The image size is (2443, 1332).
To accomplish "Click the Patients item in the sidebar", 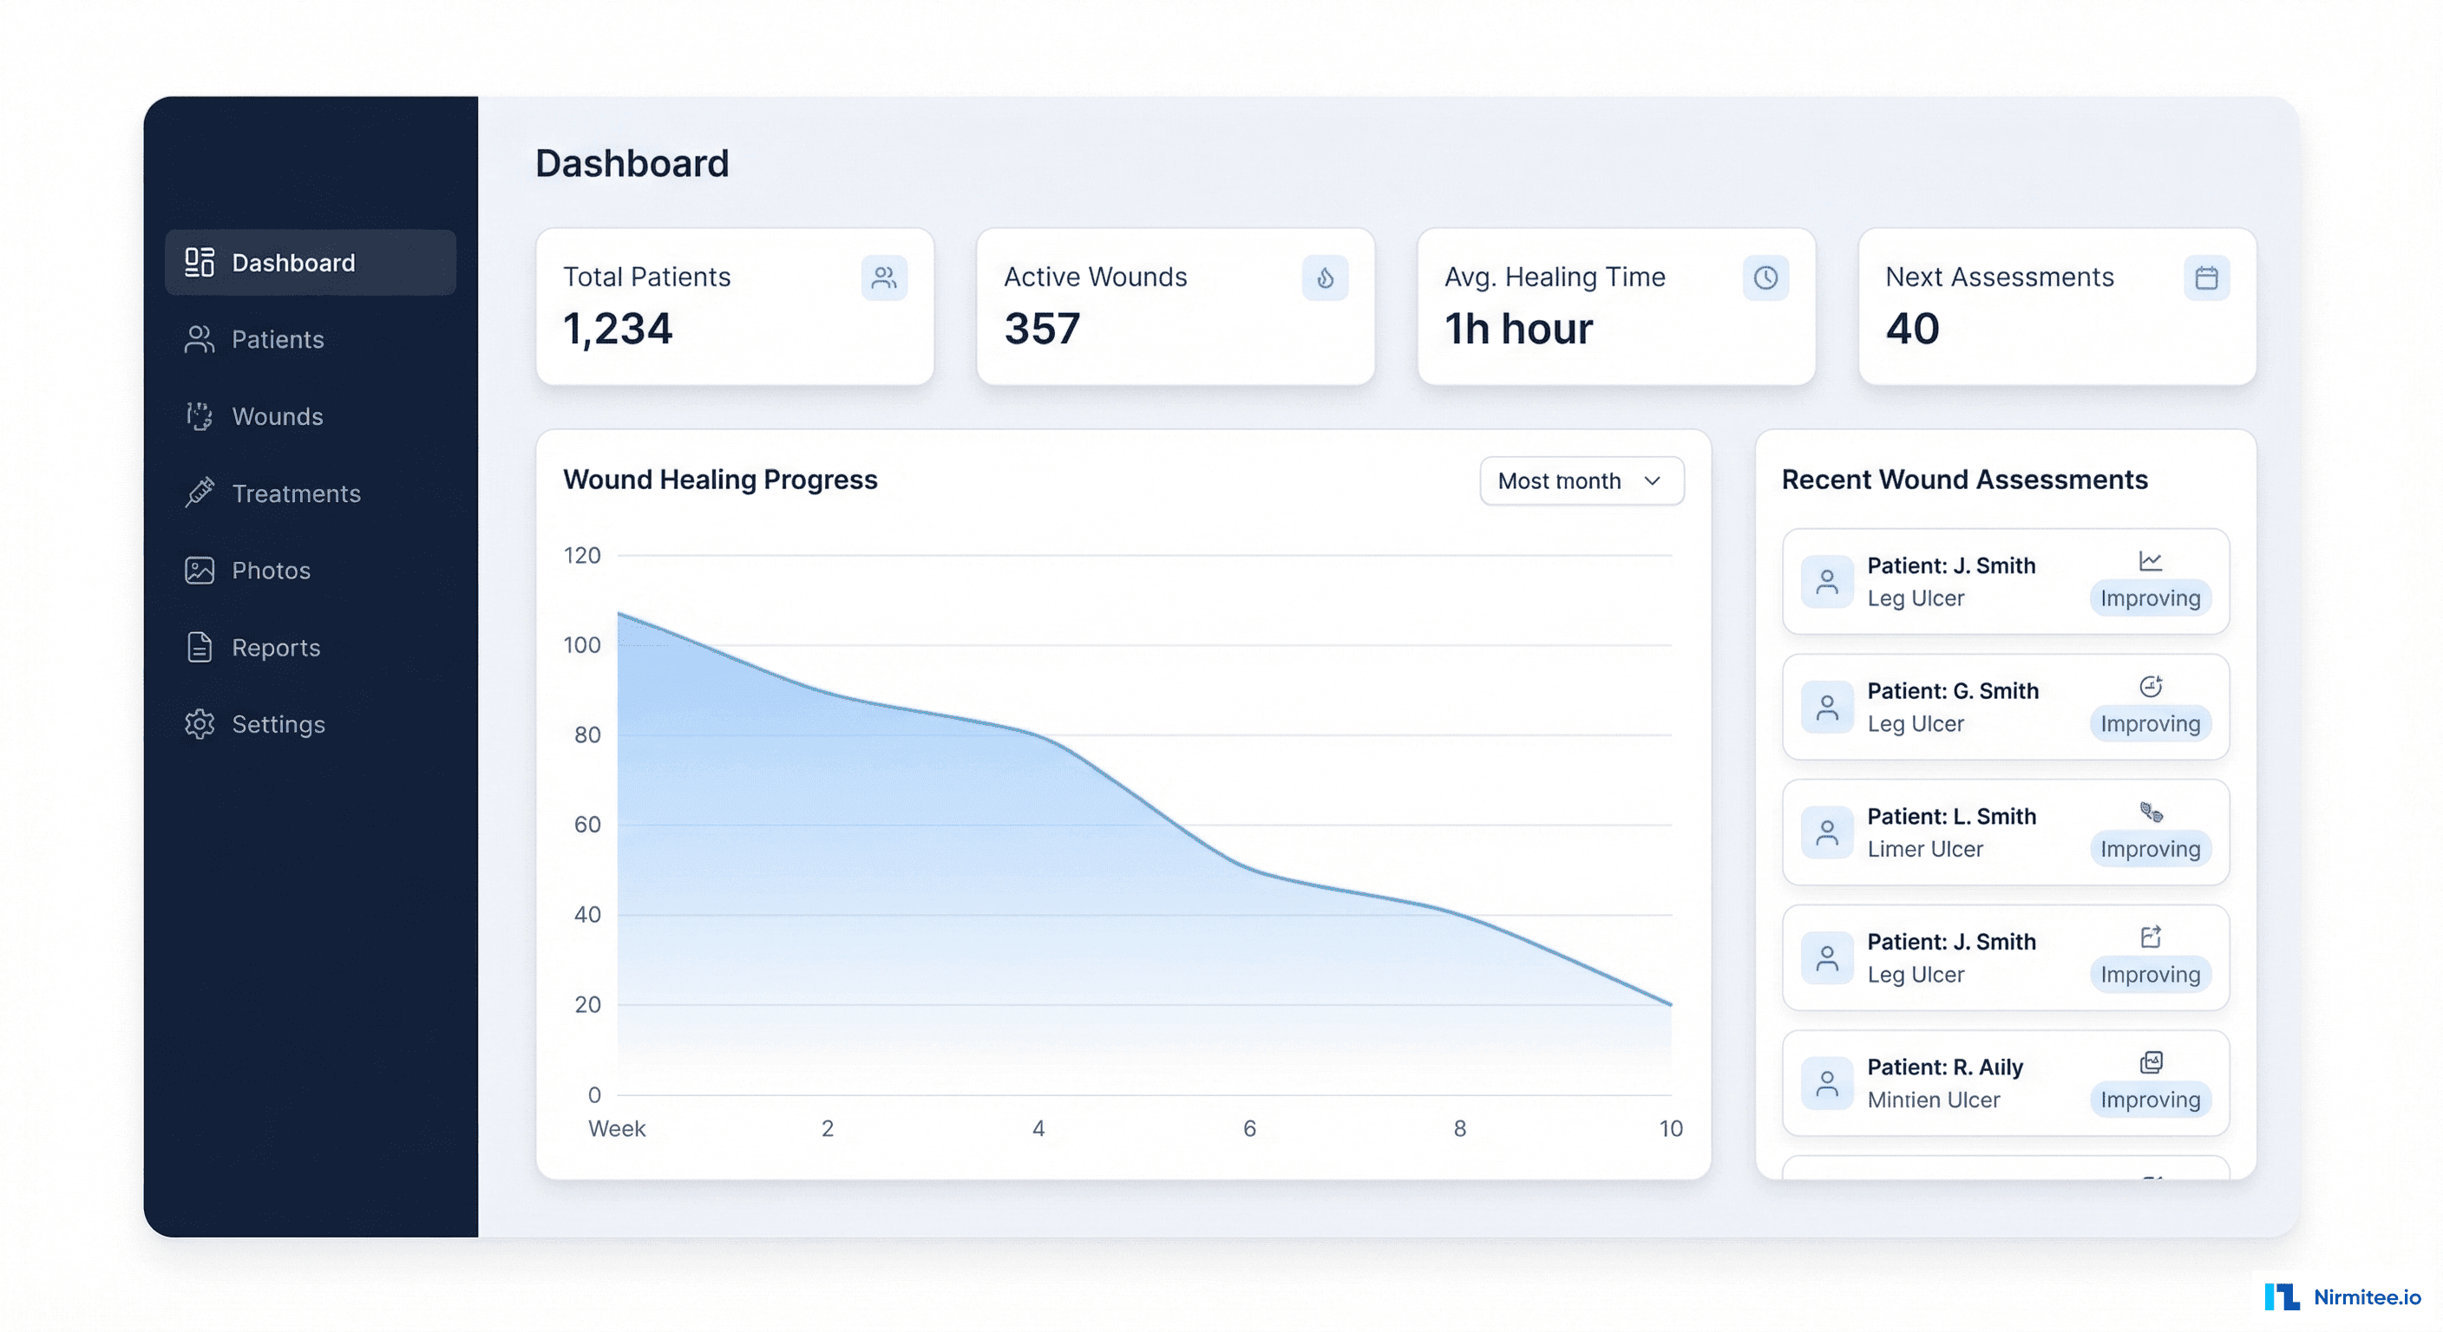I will (x=277, y=339).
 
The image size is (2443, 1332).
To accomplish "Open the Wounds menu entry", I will (x=277, y=416).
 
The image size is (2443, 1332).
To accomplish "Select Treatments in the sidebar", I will (x=295, y=493).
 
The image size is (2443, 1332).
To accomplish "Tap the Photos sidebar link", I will (x=271, y=570).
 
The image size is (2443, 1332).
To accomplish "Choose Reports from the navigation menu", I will (x=275, y=648).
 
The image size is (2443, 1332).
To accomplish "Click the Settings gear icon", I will (x=200, y=724).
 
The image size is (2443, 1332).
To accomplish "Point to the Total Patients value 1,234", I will (x=618, y=329).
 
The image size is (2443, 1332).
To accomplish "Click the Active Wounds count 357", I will (x=1041, y=329).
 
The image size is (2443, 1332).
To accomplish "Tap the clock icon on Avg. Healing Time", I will (x=1765, y=277).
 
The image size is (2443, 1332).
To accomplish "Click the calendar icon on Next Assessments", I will (x=2206, y=277).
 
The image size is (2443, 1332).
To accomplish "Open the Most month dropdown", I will (x=1581, y=480).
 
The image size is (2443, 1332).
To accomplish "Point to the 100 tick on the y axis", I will (x=581, y=645).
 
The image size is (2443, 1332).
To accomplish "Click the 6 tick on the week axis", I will (x=1249, y=1128).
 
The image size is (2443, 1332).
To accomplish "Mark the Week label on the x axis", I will (x=617, y=1128).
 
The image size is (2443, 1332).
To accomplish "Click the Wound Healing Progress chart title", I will (x=720, y=480).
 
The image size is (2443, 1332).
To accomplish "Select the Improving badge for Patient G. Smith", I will (x=2150, y=723).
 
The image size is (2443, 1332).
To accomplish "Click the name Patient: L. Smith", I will (x=1951, y=816).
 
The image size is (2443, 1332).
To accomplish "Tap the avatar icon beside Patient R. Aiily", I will (x=1826, y=1082).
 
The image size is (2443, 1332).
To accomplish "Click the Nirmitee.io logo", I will (x=2342, y=1296).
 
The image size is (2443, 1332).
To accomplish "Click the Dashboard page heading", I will (x=632, y=163).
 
